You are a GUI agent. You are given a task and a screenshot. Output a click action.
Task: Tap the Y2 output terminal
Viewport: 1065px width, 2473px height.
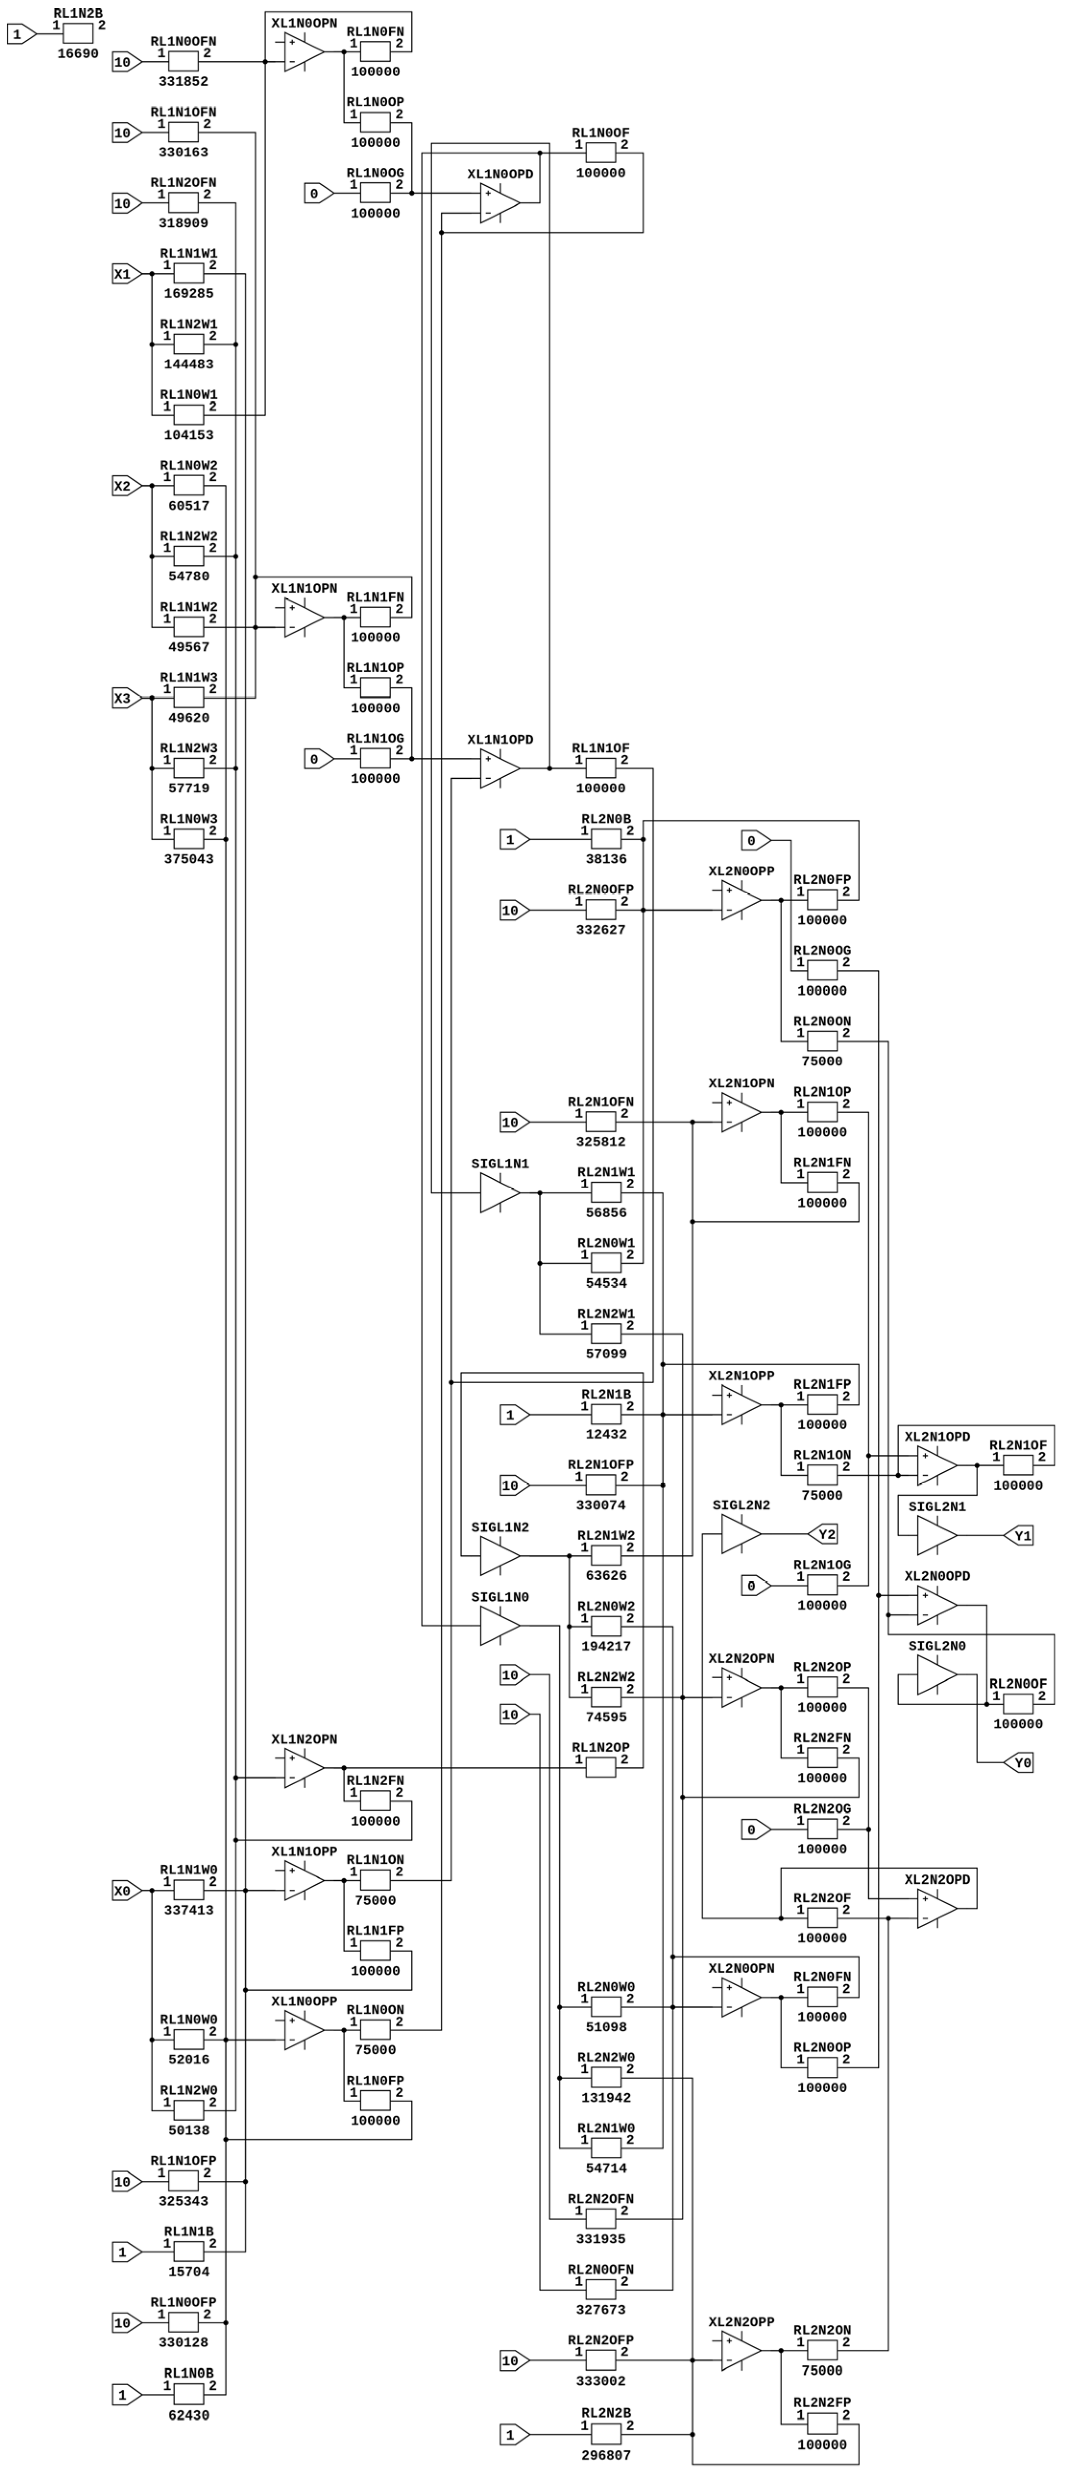tap(823, 1534)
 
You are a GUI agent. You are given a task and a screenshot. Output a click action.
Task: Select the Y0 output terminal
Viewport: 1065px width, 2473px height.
tap(1019, 1763)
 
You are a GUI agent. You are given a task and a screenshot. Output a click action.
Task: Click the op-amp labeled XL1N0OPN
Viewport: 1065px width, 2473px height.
tap(304, 53)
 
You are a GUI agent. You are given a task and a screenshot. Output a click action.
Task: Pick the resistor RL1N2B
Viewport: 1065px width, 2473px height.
tap(78, 34)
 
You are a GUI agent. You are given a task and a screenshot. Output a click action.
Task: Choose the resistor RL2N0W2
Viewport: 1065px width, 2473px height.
tap(606, 1626)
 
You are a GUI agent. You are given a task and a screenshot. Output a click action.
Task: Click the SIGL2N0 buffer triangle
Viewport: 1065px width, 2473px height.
tap(936, 1675)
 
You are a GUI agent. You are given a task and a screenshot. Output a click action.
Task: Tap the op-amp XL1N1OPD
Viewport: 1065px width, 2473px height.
tap(499, 769)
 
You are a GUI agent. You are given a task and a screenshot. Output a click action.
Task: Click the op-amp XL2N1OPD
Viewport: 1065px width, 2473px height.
tap(936, 1466)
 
